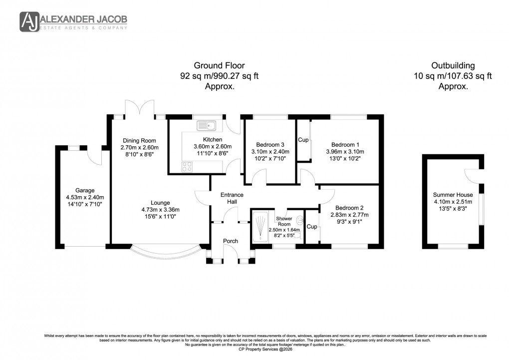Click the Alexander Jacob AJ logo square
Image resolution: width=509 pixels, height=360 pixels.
pyautogui.click(x=29, y=21)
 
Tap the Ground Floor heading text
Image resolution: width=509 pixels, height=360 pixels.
pyautogui.click(x=219, y=65)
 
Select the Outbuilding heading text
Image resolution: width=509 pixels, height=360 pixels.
pyautogui.click(x=453, y=65)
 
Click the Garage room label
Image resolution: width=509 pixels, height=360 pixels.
pyautogui.click(x=84, y=190)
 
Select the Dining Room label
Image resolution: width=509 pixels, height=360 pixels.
pyautogui.click(x=139, y=140)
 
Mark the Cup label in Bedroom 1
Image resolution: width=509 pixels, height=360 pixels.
pyautogui.click(x=303, y=140)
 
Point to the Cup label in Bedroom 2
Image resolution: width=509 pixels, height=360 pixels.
pyautogui.click(x=311, y=226)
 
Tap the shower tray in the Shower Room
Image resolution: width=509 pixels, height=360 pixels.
pyautogui.click(x=260, y=226)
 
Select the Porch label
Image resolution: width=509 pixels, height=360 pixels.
pyautogui.click(x=231, y=241)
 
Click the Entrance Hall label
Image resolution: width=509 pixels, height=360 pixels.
pyautogui.click(x=232, y=198)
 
